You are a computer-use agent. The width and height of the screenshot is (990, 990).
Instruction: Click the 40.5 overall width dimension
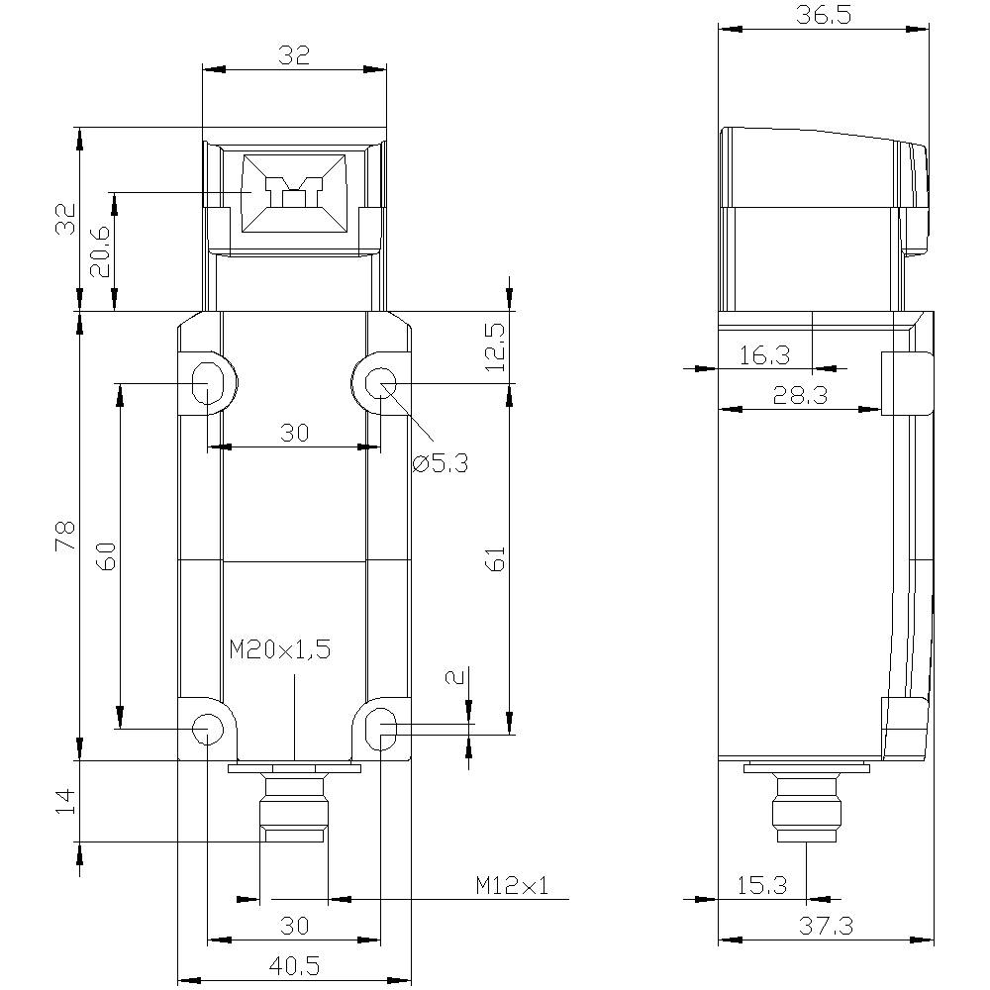coord(294,963)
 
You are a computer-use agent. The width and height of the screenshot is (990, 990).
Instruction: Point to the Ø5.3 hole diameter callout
coord(441,461)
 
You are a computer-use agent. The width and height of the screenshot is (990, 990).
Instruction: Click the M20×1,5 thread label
coord(279,649)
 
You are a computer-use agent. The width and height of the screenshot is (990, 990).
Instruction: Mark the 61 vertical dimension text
coord(497,558)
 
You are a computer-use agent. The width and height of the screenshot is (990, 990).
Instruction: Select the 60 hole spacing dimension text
coord(107,556)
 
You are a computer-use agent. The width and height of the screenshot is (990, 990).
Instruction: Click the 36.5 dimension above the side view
coord(824,15)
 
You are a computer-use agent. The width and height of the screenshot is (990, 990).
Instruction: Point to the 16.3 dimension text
coord(763,354)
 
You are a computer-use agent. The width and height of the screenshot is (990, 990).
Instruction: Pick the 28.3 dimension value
coord(801,395)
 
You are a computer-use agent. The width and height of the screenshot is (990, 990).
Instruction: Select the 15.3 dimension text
coord(761,885)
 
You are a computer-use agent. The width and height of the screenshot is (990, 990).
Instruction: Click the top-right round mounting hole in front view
coord(380,383)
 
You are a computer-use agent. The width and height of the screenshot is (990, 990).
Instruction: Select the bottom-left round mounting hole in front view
coord(207,730)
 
